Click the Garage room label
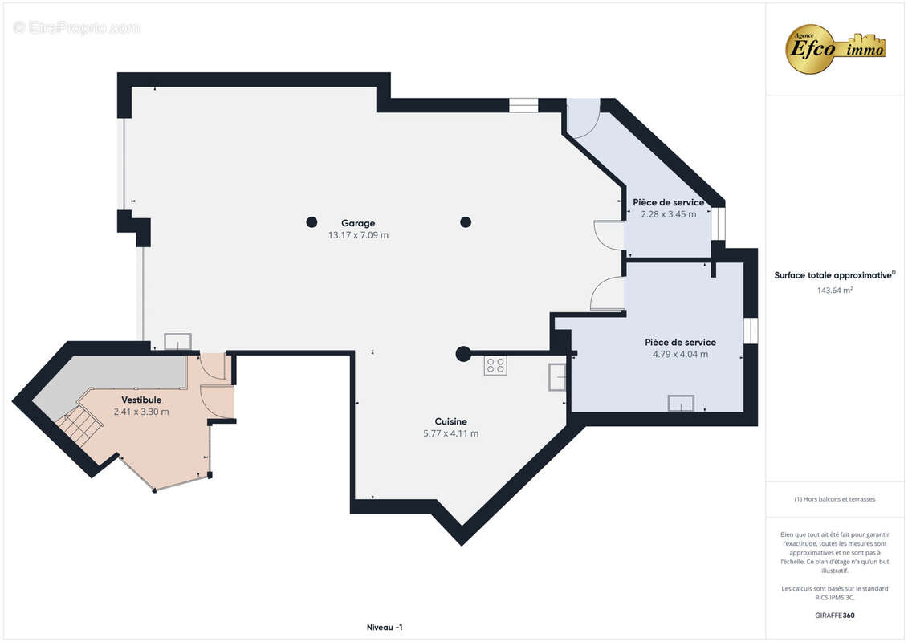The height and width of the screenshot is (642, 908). pyautogui.click(x=358, y=223)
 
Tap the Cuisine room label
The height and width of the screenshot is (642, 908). pyautogui.click(x=450, y=421)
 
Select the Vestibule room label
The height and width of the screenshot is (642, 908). pyautogui.click(x=141, y=400)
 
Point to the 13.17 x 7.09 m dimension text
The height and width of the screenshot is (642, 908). pyautogui.click(x=358, y=235)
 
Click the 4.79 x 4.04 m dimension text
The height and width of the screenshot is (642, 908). pyautogui.click(x=680, y=354)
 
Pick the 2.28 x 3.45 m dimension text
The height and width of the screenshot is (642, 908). pyautogui.click(x=668, y=214)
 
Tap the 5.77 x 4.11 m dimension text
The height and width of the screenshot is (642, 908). pyautogui.click(x=450, y=433)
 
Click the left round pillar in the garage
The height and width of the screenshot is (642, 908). pyautogui.click(x=311, y=221)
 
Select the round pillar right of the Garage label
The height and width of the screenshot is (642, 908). pyautogui.click(x=466, y=221)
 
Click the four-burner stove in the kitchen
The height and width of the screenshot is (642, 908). pyautogui.click(x=495, y=365)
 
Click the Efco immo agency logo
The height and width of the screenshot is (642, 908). pyautogui.click(x=835, y=49)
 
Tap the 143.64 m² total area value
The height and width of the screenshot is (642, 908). pyautogui.click(x=834, y=290)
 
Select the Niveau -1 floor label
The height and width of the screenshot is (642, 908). pyautogui.click(x=385, y=628)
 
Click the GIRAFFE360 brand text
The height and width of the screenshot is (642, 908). pyautogui.click(x=834, y=616)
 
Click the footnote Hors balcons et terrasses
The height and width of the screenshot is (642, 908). pyautogui.click(x=834, y=499)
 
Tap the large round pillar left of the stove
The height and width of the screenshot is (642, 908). pyautogui.click(x=462, y=354)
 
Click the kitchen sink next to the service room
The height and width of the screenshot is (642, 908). pyautogui.click(x=557, y=377)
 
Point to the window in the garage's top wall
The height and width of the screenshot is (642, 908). pyautogui.click(x=523, y=105)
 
